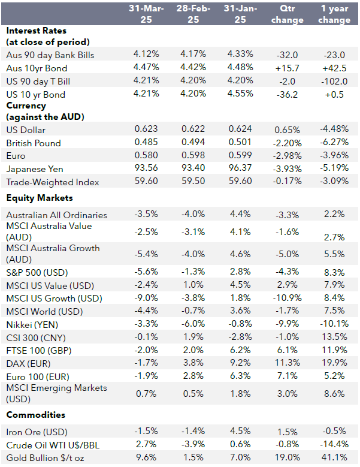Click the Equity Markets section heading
click(x=40, y=197)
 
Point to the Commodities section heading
click(x=36, y=415)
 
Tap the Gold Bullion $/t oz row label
click(x=46, y=458)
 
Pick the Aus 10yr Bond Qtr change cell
click(x=287, y=68)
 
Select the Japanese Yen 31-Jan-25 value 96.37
click(x=240, y=169)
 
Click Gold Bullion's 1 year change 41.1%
click(x=334, y=458)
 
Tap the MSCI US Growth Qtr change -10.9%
click(x=287, y=299)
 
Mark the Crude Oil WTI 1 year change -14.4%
click(x=334, y=445)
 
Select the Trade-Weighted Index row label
click(x=53, y=182)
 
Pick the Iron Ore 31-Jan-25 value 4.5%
click(x=240, y=432)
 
